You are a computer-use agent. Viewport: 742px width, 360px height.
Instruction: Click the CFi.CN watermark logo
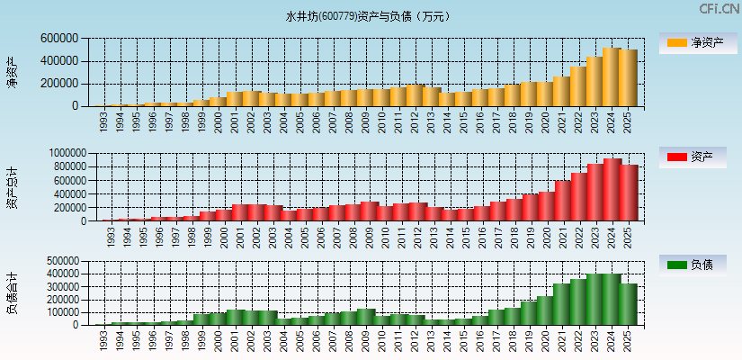(720, 9)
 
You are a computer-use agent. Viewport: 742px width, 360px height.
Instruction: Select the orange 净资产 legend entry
(697, 42)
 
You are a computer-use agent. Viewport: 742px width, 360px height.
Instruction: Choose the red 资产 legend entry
(697, 157)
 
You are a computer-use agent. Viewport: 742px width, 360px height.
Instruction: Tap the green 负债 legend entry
(697, 265)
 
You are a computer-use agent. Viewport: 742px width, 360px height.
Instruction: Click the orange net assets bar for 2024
(612, 77)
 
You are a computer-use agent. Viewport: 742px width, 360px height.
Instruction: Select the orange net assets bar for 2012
(415, 95)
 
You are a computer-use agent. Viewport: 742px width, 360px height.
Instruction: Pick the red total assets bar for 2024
(612, 190)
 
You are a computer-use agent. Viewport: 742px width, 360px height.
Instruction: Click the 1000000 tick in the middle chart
(62, 154)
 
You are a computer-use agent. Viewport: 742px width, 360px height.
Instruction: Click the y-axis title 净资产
(12, 72)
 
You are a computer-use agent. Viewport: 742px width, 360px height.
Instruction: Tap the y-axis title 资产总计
(12, 187)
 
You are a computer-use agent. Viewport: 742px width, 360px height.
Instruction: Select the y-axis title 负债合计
(12, 292)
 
